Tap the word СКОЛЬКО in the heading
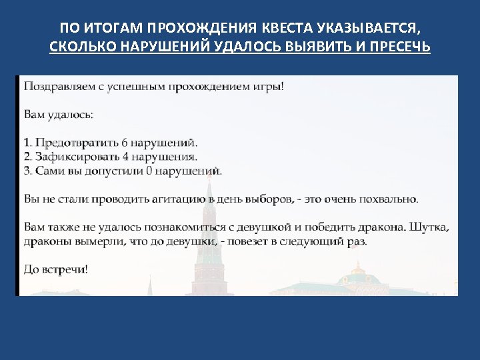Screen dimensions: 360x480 pos(81,48)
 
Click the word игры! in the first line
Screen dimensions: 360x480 pos(269,87)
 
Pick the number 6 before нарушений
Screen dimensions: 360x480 pos(124,143)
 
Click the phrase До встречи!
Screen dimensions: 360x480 pos(55,269)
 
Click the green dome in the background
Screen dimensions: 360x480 pos(360,273)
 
